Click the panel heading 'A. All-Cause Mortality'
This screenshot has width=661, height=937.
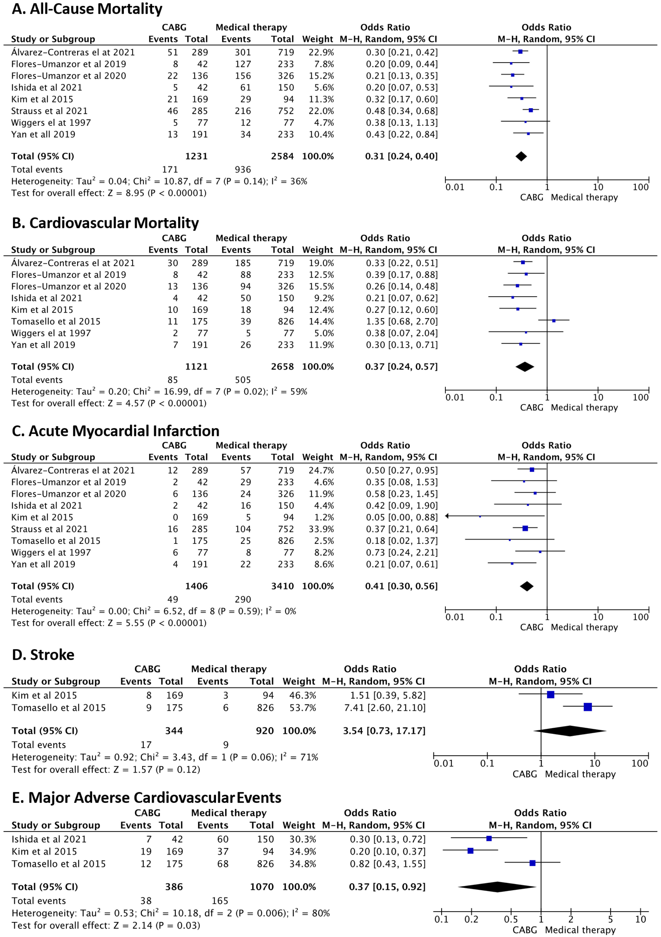[87, 9]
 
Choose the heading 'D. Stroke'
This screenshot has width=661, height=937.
[43, 655]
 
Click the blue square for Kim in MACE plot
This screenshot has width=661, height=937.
[470, 851]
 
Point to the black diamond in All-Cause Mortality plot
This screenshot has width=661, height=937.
[521, 156]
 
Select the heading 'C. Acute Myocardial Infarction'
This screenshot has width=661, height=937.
[115, 431]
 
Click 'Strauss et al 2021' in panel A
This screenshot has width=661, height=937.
[49, 111]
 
